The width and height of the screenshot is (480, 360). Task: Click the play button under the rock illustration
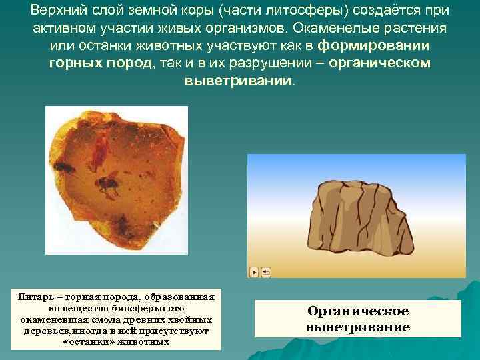point(254,272)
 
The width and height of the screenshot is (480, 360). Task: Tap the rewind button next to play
point(265,272)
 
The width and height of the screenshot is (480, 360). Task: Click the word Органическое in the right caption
point(358,311)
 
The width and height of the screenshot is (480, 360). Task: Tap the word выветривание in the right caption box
point(358,327)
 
